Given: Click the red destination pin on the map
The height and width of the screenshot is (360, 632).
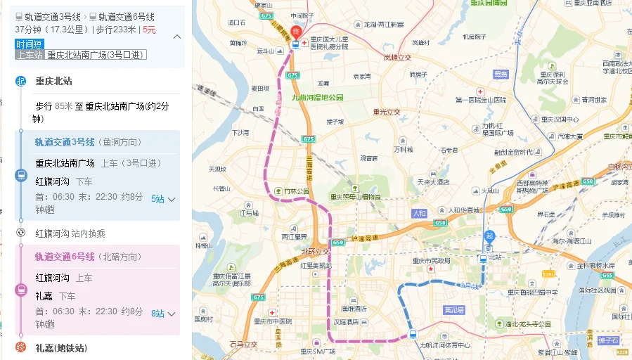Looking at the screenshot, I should click(x=297, y=32).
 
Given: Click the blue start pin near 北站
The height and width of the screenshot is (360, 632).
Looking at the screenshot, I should click(x=490, y=237).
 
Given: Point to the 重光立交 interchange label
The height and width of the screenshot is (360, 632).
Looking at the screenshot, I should click(x=387, y=111).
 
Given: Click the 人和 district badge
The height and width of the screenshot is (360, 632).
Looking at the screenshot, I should click(x=419, y=213).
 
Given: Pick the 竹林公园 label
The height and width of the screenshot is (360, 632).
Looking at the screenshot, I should click(x=297, y=191).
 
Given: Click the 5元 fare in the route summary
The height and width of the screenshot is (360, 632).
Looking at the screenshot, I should click(x=149, y=30).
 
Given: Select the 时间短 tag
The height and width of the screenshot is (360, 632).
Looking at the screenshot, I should click(x=30, y=44).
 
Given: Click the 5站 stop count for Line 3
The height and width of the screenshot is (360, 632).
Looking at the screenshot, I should click(x=157, y=199).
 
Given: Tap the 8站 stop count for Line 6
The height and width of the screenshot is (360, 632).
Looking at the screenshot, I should click(x=157, y=314).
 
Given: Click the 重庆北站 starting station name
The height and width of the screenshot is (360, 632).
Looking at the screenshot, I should click(x=53, y=81).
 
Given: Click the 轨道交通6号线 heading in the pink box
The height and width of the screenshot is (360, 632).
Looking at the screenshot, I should click(x=65, y=257).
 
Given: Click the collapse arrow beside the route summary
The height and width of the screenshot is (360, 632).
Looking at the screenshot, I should click(x=176, y=37).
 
